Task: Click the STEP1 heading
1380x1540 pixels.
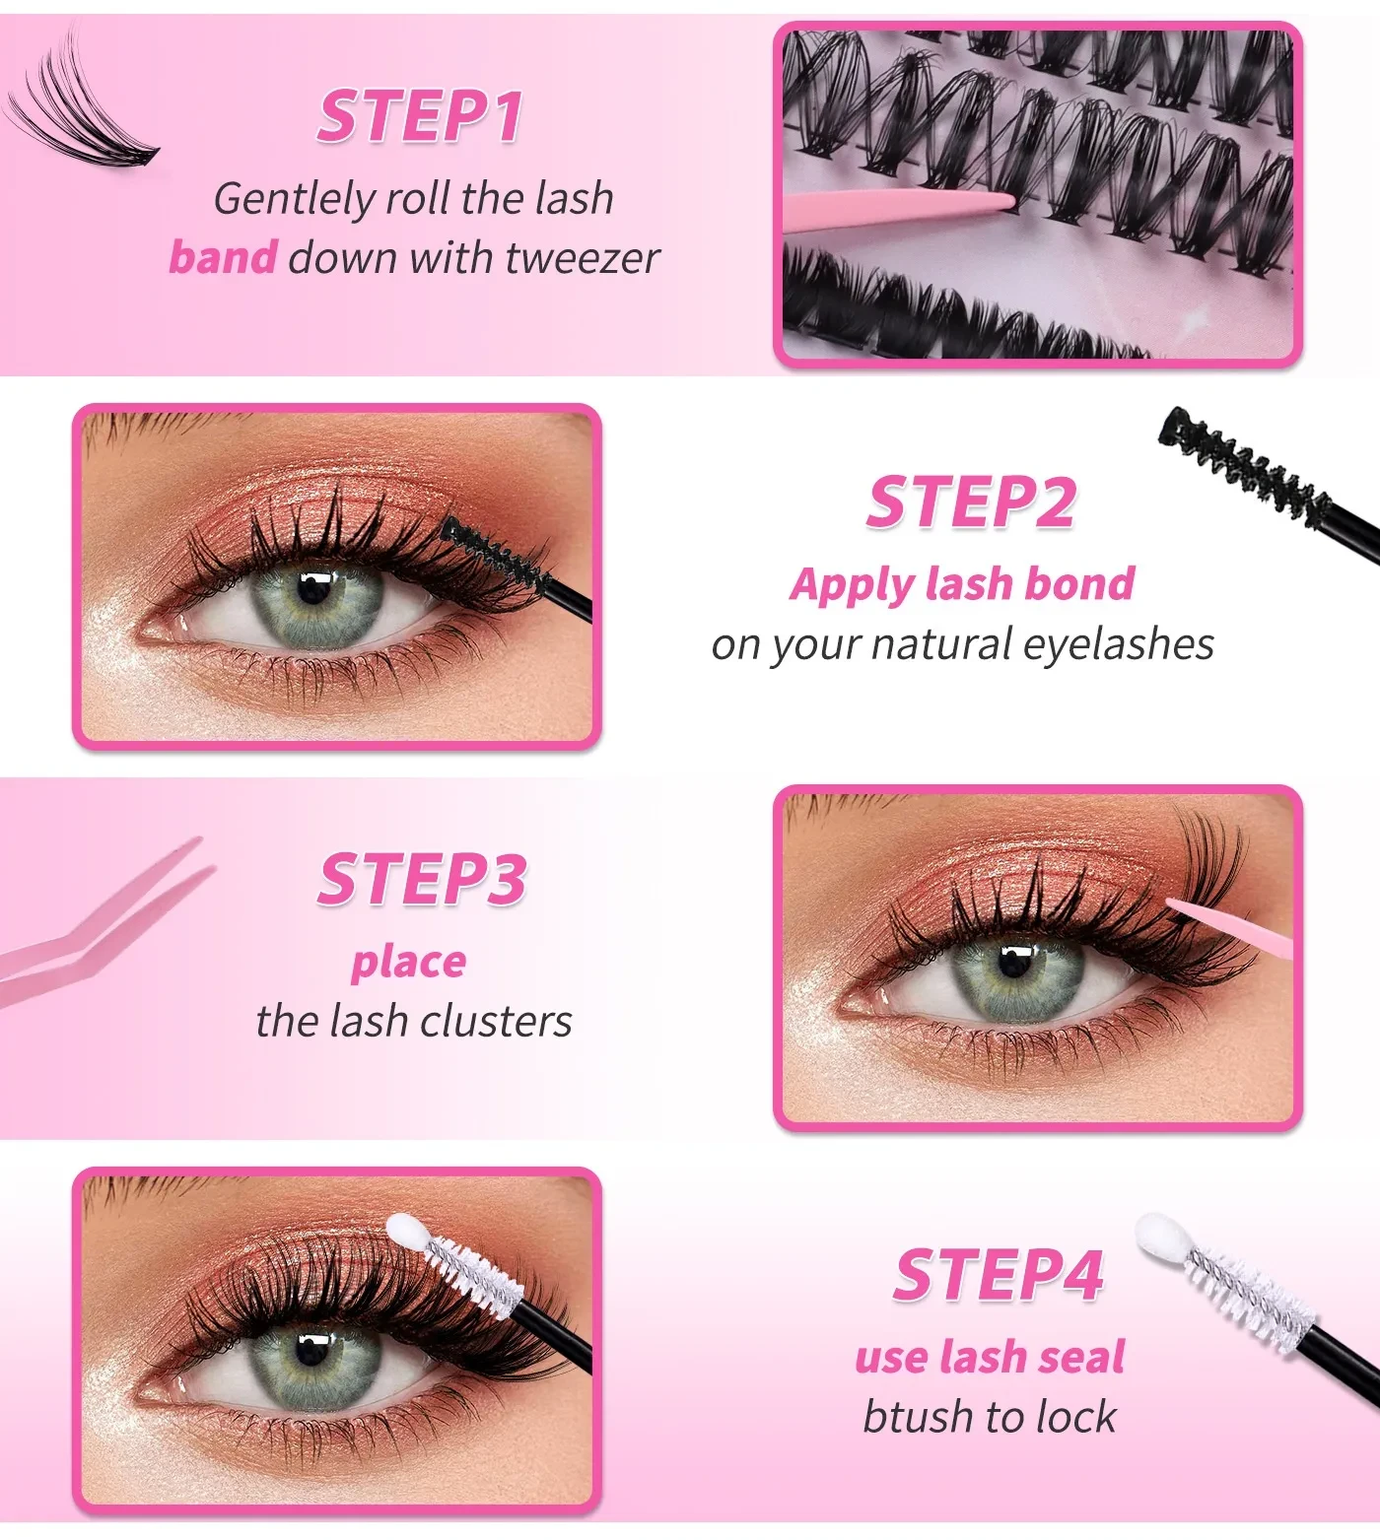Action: tap(420, 116)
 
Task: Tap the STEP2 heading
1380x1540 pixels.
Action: tap(971, 502)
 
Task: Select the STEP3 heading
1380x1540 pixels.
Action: tap(422, 879)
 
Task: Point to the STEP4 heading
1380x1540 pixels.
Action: tap(998, 1275)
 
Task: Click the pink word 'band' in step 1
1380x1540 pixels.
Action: tap(223, 257)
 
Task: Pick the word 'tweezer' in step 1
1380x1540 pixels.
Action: tap(582, 257)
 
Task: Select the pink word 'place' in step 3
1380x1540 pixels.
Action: tap(408, 962)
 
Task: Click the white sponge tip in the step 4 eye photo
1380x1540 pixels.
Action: tap(405, 1232)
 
